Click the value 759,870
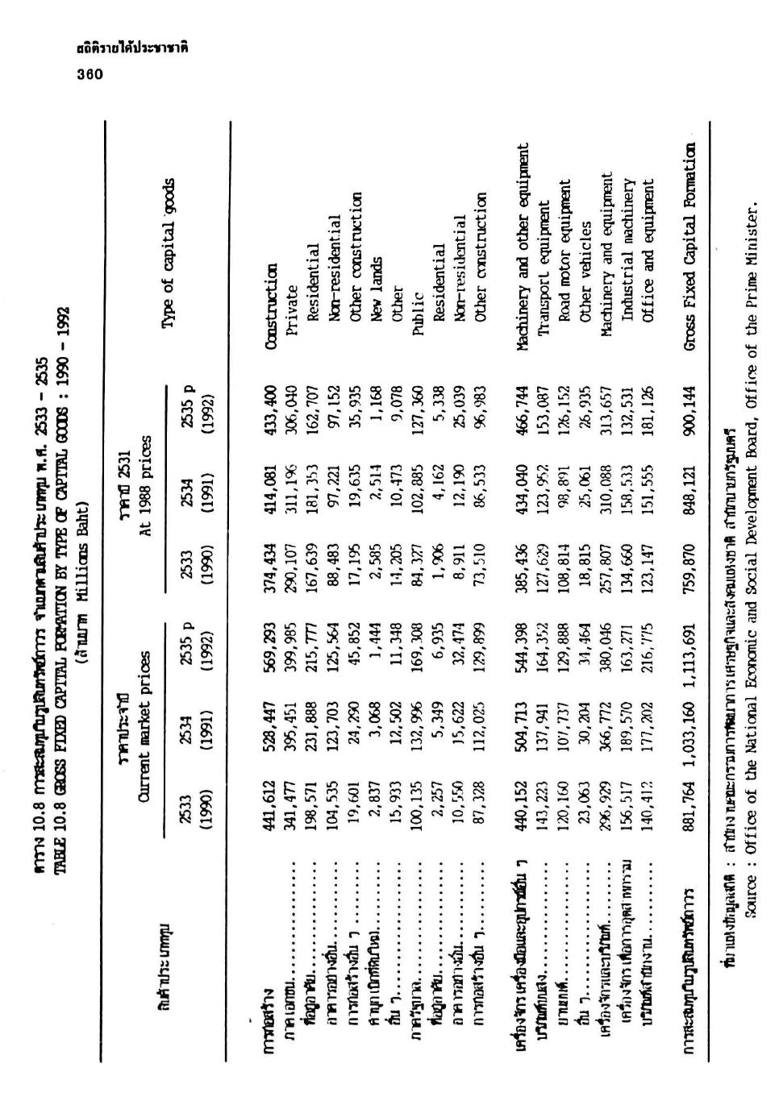click(x=691, y=562)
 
